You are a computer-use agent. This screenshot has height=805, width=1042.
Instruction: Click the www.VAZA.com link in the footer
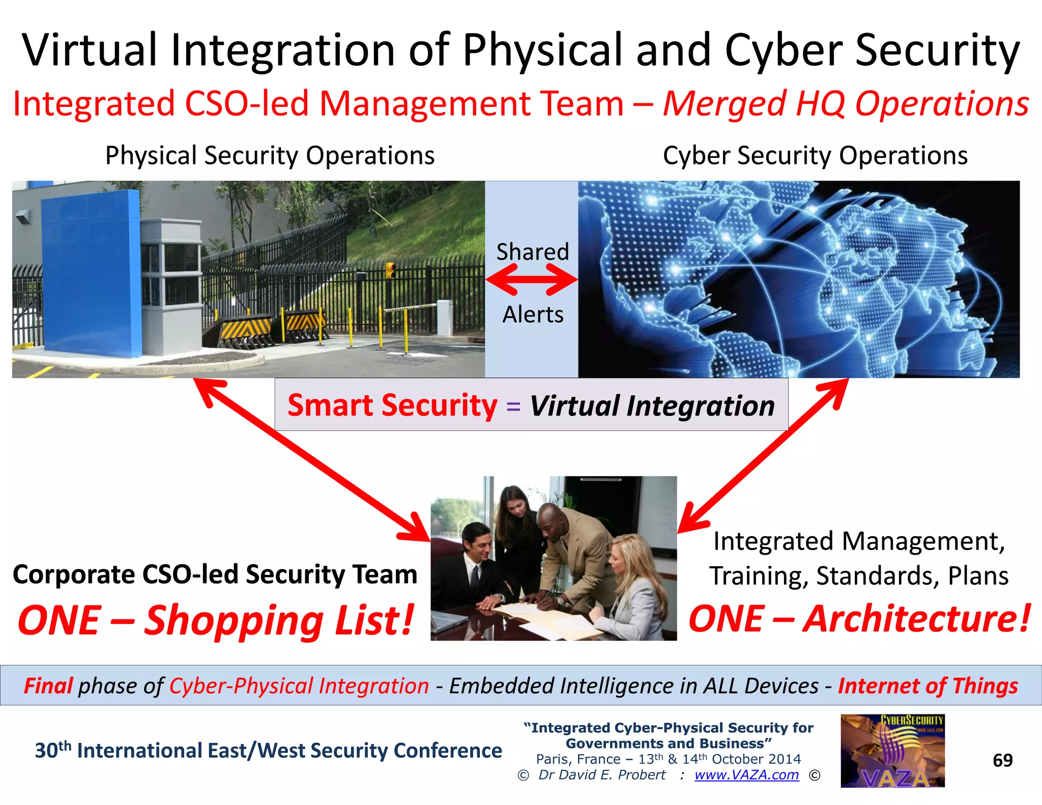point(746,775)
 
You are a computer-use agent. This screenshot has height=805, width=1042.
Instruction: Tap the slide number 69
point(1003,760)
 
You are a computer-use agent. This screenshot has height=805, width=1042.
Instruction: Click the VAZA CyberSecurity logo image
point(892,751)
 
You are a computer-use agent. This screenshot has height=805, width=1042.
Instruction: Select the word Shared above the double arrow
point(532,252)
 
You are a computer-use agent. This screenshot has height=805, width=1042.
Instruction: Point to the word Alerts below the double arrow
point(533,314)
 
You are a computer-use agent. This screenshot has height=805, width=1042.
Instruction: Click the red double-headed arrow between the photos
point(532,279)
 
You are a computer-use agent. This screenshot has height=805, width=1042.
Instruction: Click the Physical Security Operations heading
point(270,155)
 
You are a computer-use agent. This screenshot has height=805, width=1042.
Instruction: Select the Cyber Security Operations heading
point(815,155)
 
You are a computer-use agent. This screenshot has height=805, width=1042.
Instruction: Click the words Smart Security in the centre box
point(392,406)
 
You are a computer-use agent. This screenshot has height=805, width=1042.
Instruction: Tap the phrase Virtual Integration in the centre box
point(652,406)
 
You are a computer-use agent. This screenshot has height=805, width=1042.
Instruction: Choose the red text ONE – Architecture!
point(859,619)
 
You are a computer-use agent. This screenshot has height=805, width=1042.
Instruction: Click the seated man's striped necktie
point(475,575)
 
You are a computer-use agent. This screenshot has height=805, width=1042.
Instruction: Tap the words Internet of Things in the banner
point(928,686)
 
